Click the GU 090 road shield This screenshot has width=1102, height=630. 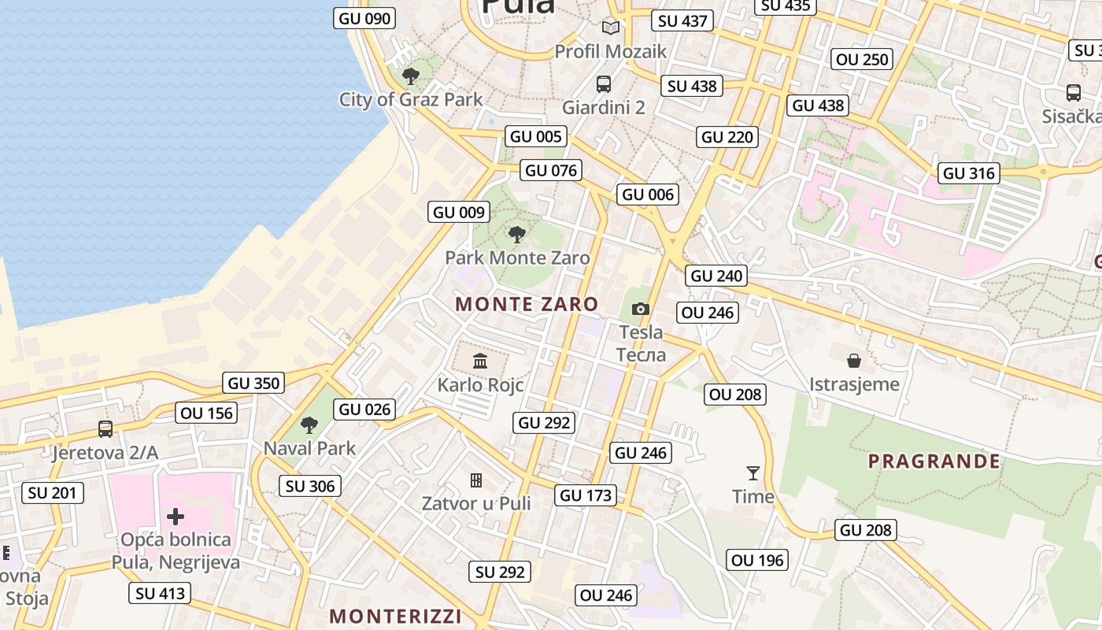pyautogui.click(x=364, y=18)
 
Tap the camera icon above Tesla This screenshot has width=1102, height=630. pyautogui.click(x=641, y=309)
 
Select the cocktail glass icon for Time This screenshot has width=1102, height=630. pyautogui.click(x=753, y=473)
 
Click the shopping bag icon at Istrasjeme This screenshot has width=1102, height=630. pyautogui.click(x=854, y=361)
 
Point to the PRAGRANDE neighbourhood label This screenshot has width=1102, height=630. pyautogui.click(x=934, y=461)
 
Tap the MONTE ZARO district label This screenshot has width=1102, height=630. pyautogui.click(x=527, y=304)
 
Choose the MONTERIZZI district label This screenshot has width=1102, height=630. pyautogui.click(x=395, y=616)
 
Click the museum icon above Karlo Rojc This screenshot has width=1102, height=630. pyautogui.click(x=480, y=361)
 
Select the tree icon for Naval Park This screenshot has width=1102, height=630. pyautogui.click(x=309, y=425)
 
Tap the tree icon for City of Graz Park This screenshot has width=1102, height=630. pyautogui.click(x=410, y=76)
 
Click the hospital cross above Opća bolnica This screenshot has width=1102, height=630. pyautogui.click(x=176, y=517)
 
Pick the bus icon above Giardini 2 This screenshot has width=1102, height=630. pyautogui.click(x=604, y=84)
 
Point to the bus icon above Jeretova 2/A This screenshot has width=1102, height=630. pyautogui.click(x=105, y=429)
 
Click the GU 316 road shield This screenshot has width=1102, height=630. pyautogui.click(x=969, y=173)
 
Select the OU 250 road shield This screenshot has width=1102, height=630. pyautogui.click(x=862, y=59)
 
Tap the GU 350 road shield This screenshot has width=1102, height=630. pyautogui.click(x=253, y=384)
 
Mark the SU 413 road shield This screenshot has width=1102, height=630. pyautogui.click(x=160, y=593)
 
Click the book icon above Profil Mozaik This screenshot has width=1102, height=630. pyautogui.click(x=611, y=28)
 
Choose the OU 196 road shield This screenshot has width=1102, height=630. pyautogui.click(x=757, y=560)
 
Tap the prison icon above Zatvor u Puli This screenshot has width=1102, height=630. pyautogui.click(x=476, y=480)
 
